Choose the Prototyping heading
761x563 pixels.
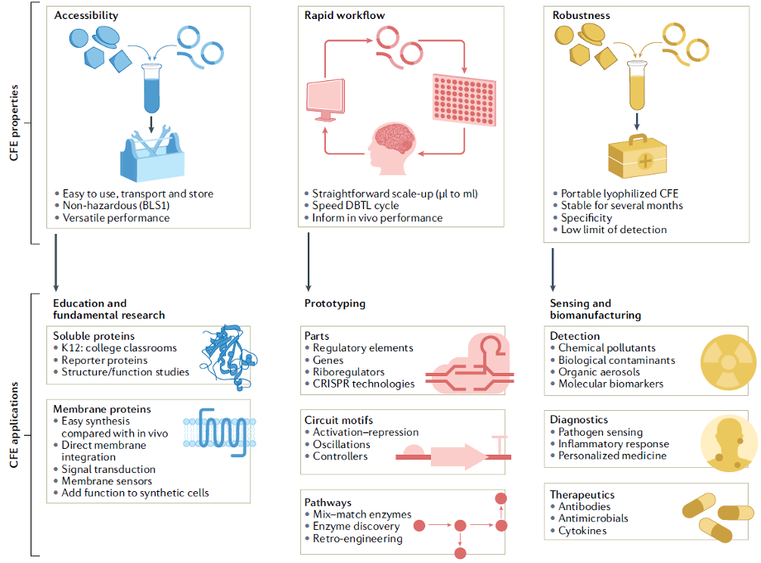click(335, 303)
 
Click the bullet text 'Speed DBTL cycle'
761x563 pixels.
click(356, 206)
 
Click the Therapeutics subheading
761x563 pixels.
click(582, 494)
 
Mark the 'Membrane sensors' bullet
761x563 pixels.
click(108, 480)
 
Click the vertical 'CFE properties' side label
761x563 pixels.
click(14, 123)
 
